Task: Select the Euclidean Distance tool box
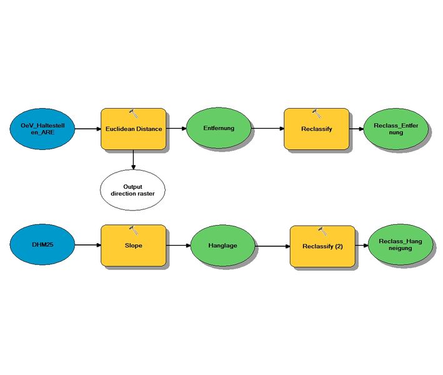pos(133,129)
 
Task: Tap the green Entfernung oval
pos(218,129)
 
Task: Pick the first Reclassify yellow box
pos(316,129)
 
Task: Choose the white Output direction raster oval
pos(132,190)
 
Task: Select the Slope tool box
pos(133,245)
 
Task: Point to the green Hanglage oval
pos(222,246)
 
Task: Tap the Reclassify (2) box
pos(322,246)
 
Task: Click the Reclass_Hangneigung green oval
pos(400,246)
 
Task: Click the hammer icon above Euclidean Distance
pos(133,112)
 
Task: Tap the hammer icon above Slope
pos(133,229)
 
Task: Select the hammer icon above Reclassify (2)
pos(322,231)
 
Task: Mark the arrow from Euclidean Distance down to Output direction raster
pos(133,159)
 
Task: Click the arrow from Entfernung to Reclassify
pos(267,129)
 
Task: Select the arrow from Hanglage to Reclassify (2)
pos(273,246)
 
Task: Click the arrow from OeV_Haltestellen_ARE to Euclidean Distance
pos(87,129)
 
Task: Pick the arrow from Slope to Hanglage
pos(178,246)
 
